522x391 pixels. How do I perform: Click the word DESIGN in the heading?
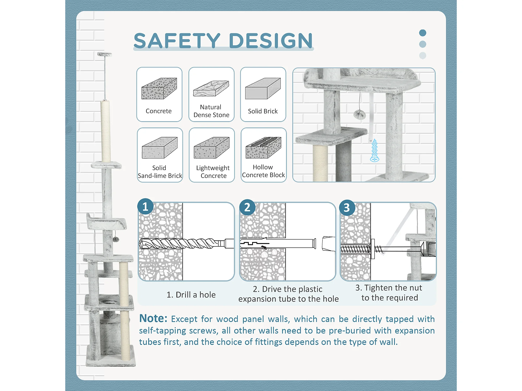pos(271,41)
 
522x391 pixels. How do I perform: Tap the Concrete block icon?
pos(159,88)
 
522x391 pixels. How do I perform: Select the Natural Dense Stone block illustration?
pos(211,89)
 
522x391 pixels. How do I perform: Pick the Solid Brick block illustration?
pos(263,88)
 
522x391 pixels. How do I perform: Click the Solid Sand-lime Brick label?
pos(160,172)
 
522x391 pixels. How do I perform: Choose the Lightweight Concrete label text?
pos(213,172)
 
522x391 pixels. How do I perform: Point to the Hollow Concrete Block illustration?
pos(263,148)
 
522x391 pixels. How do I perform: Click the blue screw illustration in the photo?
pos(375,150)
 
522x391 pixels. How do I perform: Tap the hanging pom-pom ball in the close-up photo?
pos(359,114)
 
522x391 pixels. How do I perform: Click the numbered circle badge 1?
pos(145,206)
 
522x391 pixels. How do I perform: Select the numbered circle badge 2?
pos(247,207)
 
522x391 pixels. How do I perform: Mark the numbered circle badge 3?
pos(347,208)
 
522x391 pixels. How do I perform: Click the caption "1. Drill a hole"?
pos(191,295)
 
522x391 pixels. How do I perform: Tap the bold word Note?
pos(153,319)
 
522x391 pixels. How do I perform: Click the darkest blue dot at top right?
pos(423,33)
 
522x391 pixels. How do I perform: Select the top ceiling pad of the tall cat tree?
pos(105,54)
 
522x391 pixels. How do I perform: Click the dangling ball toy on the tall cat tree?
pos(116,239)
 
